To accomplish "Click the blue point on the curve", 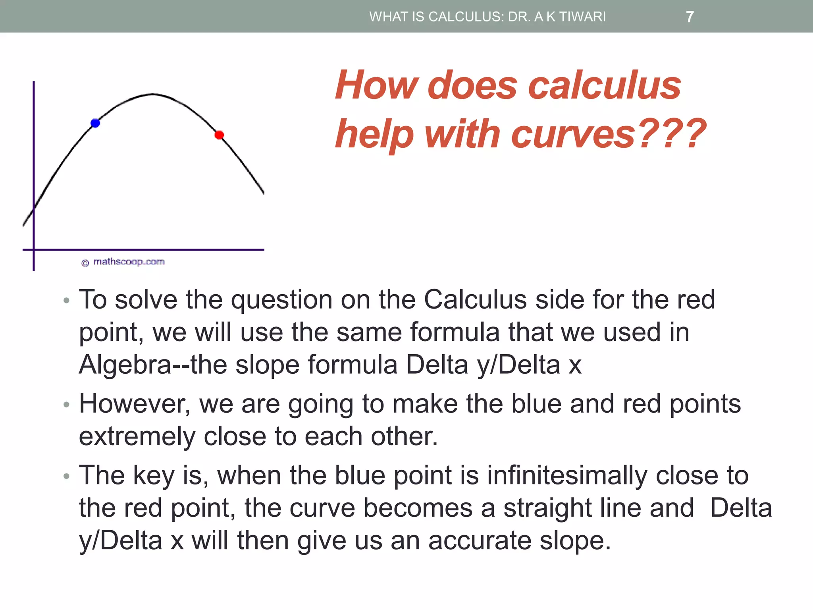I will coord(95,123).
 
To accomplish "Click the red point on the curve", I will coord(219,135).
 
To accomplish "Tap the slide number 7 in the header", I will coord(690,17).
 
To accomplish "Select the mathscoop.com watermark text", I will coord(129,262).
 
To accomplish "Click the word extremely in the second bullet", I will coord(137,437).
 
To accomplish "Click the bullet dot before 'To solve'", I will coord(66,300).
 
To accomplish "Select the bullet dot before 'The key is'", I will coord(66,476).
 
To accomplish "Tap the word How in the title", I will coord(376,85).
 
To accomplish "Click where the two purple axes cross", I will coord(34,250).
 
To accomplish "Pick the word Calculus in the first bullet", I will coord(475,299).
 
